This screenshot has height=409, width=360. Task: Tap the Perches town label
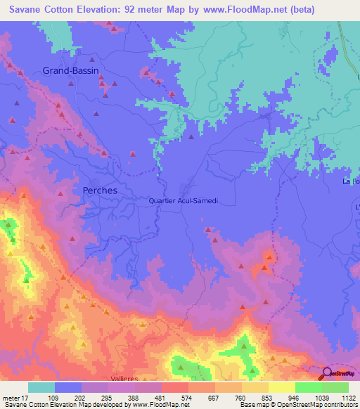tap(100, 190)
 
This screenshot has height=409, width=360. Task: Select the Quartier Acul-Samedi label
tap(184, 200)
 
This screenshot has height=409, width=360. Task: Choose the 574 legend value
tap(187, 396)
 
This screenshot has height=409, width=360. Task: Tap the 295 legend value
tap(108, 396)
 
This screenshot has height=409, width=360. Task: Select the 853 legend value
tap(267, 396)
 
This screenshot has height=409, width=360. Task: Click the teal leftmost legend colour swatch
tap(41, 387)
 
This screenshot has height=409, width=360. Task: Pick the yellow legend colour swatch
tap(281, 387)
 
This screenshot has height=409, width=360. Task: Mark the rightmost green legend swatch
tap(335, 387)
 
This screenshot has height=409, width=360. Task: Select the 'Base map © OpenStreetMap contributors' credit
tap(298, 404)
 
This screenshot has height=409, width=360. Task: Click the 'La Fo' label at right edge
tap(351, 182)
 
